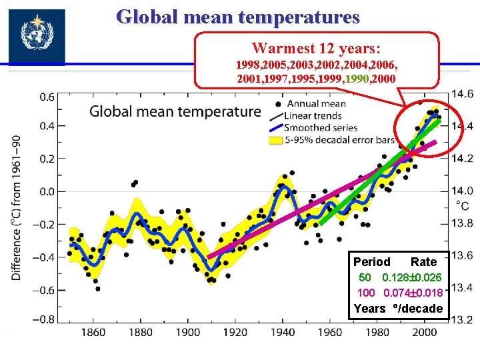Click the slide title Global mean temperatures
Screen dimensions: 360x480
(238, 17)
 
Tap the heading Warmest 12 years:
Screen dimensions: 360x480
(316, 49)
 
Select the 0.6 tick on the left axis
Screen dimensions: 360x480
(47, 97)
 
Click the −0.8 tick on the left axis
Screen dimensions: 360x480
(45, 319)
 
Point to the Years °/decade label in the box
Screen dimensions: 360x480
(397, 308)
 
